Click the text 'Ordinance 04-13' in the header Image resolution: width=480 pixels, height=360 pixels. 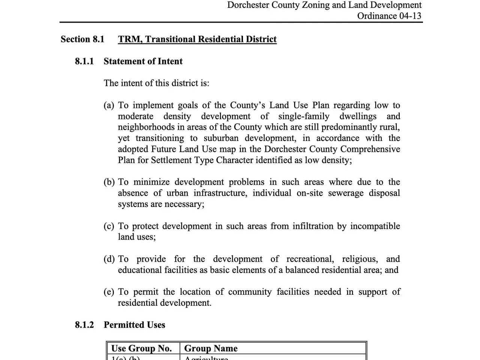point(389,16)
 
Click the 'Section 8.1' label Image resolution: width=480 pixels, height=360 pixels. point(82,39)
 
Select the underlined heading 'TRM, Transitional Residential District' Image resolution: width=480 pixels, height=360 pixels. point(197,39)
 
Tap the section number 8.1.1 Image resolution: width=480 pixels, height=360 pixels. point(84,61)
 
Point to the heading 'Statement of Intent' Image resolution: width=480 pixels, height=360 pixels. point(143,61)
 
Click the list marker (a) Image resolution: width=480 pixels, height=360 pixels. point(109,105)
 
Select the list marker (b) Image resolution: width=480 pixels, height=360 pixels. point(109,182)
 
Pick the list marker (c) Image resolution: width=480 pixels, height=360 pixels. point(109,226)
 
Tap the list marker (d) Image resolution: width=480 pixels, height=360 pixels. point(109,259)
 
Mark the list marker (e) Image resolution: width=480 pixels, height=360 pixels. point(109,292)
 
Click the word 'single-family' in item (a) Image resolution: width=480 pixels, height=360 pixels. point(304,116)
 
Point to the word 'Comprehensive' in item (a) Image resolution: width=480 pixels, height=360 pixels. point(370,149)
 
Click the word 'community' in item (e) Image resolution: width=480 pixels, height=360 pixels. point(250,292)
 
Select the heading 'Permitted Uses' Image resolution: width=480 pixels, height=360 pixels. point(134,325)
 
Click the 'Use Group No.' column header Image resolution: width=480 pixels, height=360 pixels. point(141,348)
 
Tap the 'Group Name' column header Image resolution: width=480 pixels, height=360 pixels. point(211,348)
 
